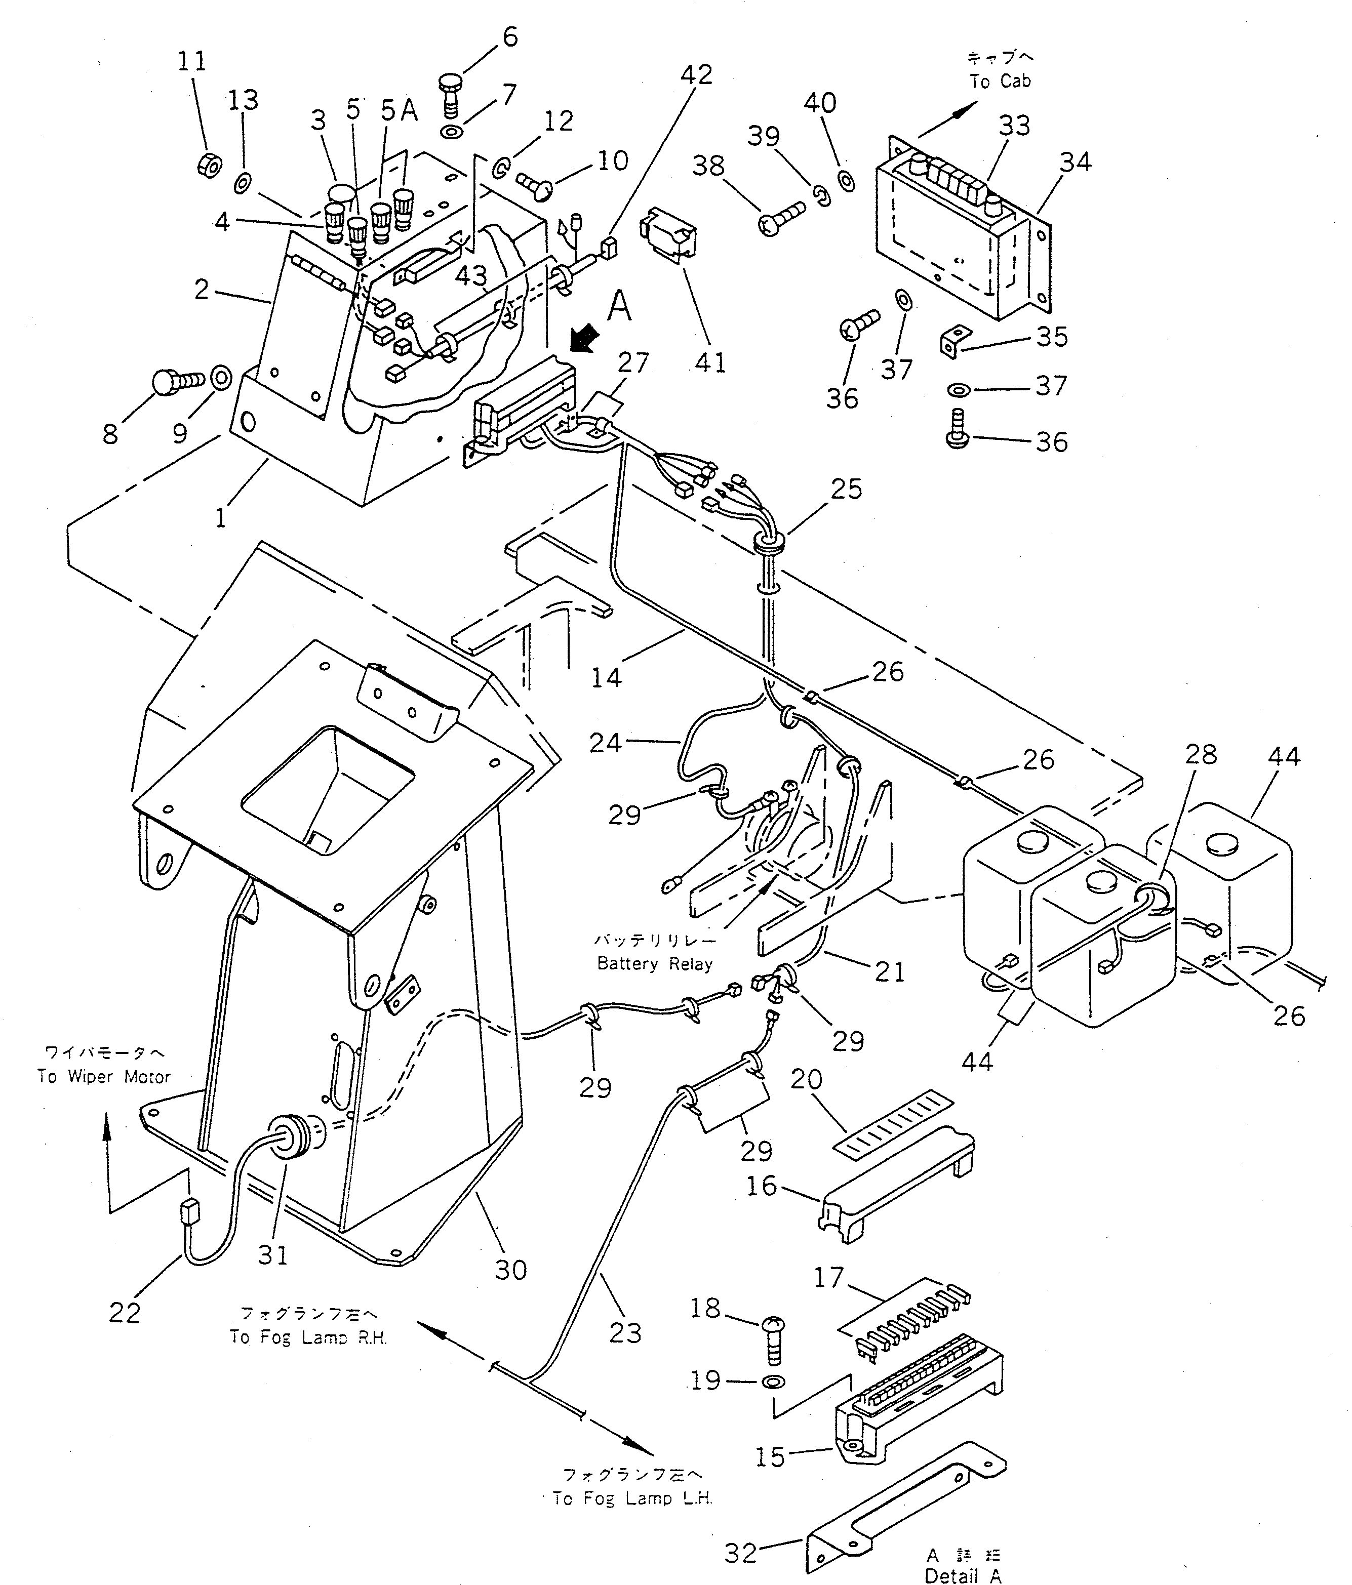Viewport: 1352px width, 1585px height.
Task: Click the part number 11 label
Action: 192,61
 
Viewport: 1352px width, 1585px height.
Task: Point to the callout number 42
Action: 696,74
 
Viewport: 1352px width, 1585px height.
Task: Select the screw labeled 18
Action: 774,1340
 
